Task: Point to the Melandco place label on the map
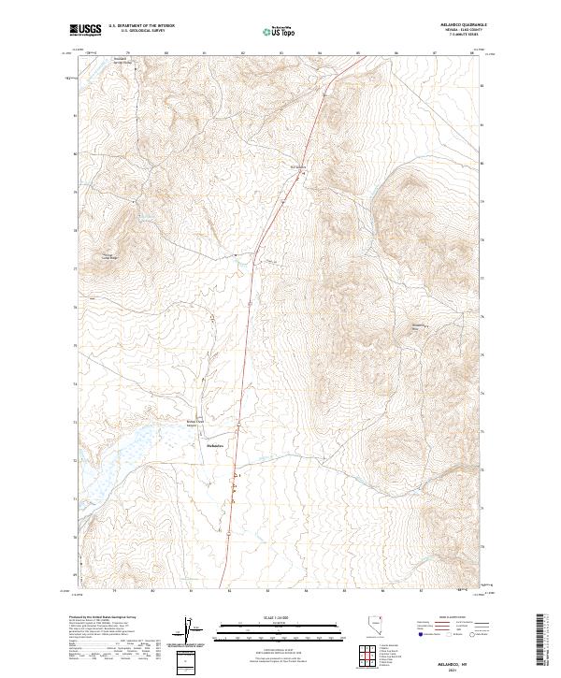(216, 445)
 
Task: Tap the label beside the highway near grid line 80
(298, 168)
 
